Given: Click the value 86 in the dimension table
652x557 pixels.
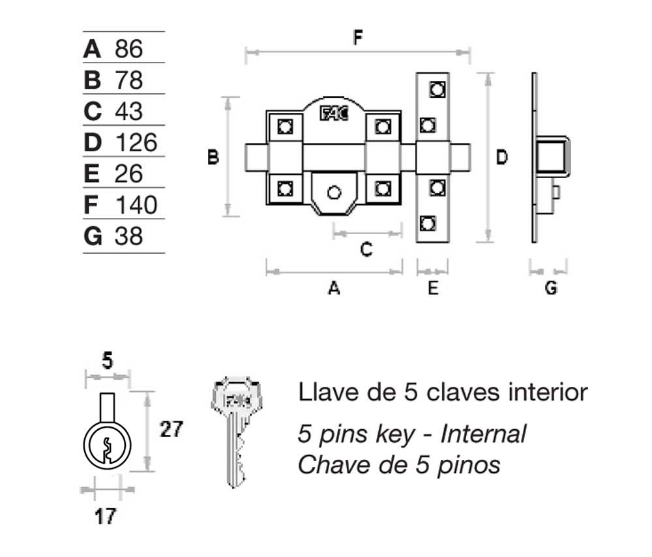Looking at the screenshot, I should click(x=128, y=49).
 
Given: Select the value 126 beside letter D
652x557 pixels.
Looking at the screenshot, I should click(x=136, y=143).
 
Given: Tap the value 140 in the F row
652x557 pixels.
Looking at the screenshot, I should click(x=136, y=205).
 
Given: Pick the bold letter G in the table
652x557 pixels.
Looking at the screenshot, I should click(x=93, y=236).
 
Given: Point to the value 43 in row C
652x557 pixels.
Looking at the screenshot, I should click(x=128, y=112).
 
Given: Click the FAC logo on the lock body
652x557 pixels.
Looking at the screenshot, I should click(x=334, y=113).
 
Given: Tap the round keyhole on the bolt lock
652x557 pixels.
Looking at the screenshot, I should click(x=334, y=193).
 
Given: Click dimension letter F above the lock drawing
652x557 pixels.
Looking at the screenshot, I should click(x=357, y=37).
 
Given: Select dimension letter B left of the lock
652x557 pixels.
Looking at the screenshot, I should click(x=213, y=157).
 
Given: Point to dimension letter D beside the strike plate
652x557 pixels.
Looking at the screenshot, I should click(x=501, y=157).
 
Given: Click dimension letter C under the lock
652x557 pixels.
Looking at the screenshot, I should click(x=366, y=248).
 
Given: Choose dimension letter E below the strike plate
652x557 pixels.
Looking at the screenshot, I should click(x=433, y=288).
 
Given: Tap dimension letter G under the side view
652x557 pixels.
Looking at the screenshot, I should click(x=551, y=288).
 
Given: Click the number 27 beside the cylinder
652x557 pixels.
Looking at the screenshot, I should click(x=171, y=429).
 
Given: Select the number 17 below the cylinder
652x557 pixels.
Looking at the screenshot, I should click(x=105, y=517).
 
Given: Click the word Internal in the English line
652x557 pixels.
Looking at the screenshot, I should click(x=483, y=433).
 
